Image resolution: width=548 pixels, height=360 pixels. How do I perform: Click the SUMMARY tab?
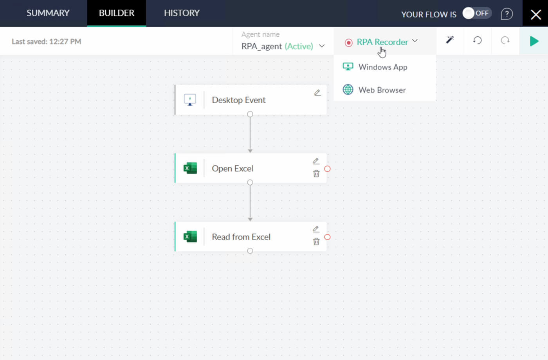click(48, 13)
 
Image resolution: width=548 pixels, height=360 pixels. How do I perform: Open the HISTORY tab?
click(182, 13)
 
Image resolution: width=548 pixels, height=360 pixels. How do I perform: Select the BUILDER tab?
click(117, 13)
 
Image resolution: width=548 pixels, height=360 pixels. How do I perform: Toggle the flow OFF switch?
click(477, 13)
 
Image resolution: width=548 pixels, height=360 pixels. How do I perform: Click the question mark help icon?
click(507, 14)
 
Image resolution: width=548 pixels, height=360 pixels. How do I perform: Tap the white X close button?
click(536, 15)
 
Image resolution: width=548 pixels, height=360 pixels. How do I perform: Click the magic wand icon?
click(450, 40)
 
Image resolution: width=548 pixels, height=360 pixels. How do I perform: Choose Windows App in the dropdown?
click(383, 67)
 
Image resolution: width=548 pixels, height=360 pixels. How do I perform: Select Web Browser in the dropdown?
click(382, 90)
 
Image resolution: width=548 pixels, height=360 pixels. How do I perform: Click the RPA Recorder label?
click(382, 42)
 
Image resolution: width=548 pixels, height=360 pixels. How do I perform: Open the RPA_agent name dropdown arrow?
click(322, 46)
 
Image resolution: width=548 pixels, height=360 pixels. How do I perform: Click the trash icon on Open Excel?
click(316, 173)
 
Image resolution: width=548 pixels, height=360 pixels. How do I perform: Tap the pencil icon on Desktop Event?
click(317, 93)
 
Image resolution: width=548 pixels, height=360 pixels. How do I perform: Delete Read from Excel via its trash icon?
click(316, 241)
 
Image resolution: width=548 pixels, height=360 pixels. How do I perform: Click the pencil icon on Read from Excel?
click(316, 229)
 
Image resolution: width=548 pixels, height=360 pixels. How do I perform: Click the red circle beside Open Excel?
click(327, 169)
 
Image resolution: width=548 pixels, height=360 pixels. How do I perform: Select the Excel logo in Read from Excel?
click(190, 236)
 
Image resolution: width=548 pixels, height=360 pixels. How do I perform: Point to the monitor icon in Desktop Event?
click(190, 100)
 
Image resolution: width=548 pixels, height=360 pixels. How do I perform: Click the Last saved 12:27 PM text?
click(47, 41)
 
